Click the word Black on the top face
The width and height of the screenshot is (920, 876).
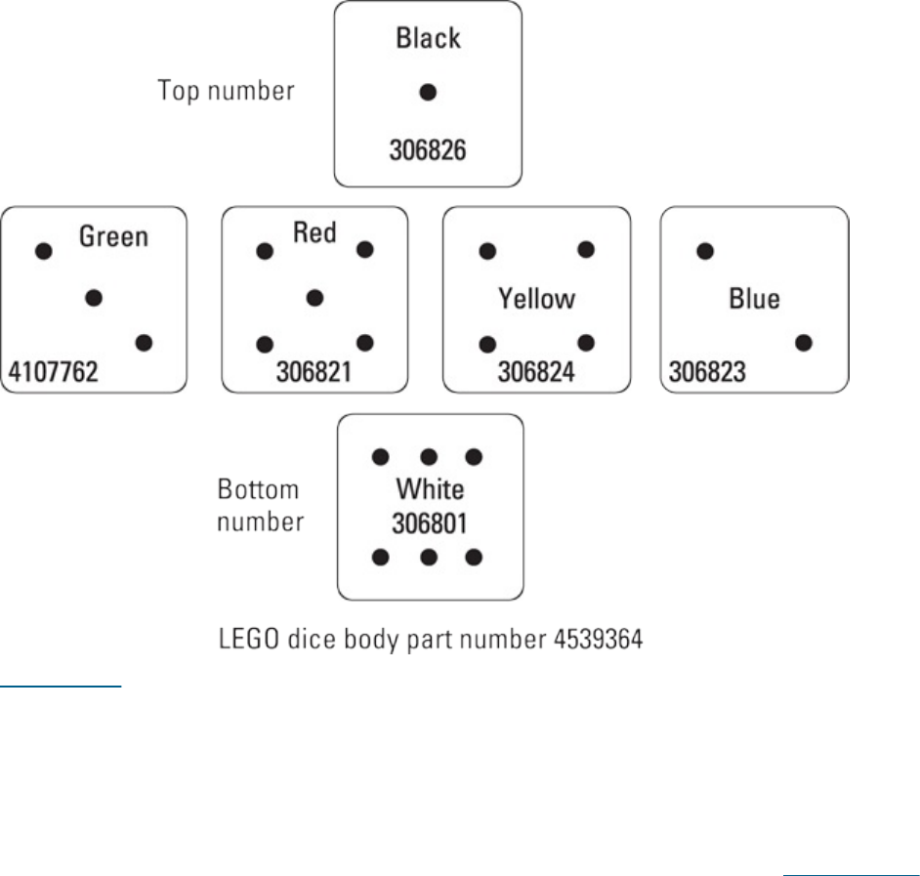[x=428, y=39]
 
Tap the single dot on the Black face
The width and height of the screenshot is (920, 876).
[x=428, y=93]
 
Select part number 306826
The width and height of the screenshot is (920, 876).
[x=428, y=151]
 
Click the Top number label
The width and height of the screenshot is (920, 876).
[x=227, y=92]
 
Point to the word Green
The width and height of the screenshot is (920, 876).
[x=113, y=236]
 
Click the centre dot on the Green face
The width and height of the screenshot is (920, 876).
[x=94, y=298]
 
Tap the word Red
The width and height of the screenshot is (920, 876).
[x=314, y=232]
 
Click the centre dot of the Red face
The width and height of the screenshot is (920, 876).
[x=314, y=297]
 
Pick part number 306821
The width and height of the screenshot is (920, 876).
[x=314, y=371]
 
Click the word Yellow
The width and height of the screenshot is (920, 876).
[x=537, y=298]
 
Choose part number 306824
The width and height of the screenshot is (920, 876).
[x=537, y=371]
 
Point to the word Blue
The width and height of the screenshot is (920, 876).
[x=754, y=298]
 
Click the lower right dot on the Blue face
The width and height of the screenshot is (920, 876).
[x=804, y=343]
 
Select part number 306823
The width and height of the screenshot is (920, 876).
[x=707, y=371]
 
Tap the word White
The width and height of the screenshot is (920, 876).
[x=430, y=488]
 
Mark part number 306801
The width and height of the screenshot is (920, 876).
[x=430, y=523]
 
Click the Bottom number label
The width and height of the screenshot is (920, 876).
[x=260, y=505]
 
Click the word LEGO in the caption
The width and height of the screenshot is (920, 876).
[x=244, y=643]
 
